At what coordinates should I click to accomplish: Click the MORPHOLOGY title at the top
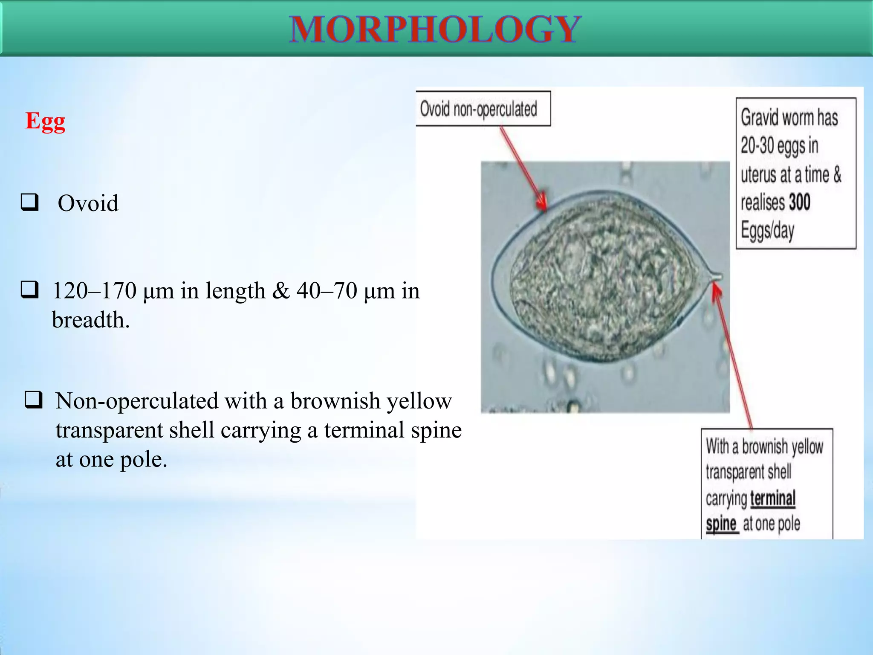click(x=435, y=29)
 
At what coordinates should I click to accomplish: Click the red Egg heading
click(x=45, y=121)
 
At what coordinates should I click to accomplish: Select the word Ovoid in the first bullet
click(x=88, y=203)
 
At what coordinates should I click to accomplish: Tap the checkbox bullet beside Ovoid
click(x=30, y=202)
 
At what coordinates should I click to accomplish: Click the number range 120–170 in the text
click(x=94, y=291)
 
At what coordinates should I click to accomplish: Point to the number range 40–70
click(x=327, y=291)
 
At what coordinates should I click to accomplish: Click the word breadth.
click(x=90, y=320)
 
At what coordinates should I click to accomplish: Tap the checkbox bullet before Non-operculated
click(x=34, y=400)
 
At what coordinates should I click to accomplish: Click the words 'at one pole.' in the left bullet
click(x=111, y=460)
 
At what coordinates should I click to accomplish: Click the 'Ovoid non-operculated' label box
click(x=483, y=109)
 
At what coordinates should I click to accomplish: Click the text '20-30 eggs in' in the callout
click(x=779, y=145)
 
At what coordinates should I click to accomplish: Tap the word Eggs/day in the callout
click(x=767, y=231)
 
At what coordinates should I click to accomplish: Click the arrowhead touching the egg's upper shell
click(x=542, y=203)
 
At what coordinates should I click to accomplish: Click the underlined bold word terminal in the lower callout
click(x=772, y=498)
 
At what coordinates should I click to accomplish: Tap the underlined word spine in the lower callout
click(x=721, y=524)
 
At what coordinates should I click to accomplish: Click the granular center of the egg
click(x=601, y=277)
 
